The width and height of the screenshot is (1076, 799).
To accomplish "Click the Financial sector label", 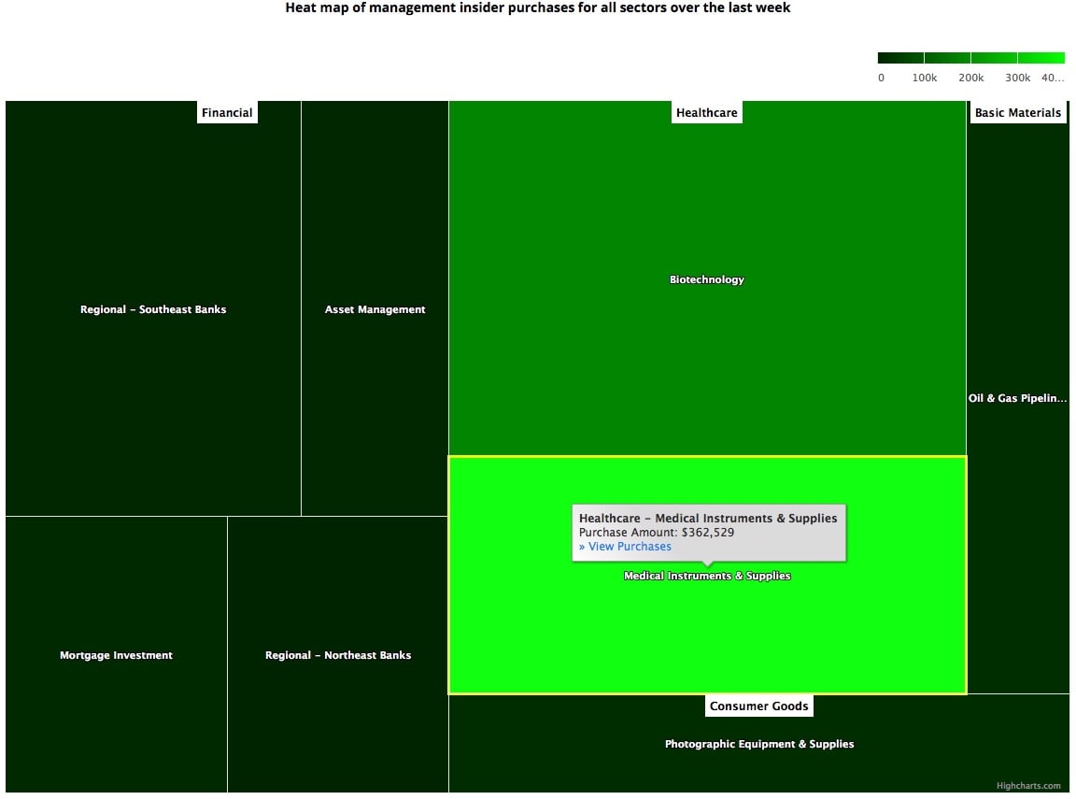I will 227,113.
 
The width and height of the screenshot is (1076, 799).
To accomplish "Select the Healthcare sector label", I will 707,113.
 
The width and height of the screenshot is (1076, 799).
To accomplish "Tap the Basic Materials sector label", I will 1017,113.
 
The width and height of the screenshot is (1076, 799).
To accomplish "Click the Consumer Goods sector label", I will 758,706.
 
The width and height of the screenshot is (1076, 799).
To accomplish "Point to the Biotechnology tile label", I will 707,279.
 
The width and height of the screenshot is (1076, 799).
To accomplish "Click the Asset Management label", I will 375,309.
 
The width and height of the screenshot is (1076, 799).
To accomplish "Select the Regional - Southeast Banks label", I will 153,309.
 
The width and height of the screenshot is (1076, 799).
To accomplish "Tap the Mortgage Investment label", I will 116,655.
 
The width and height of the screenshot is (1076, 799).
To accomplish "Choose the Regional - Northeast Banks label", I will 338,655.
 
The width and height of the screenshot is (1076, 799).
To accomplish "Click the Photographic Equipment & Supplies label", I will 759,744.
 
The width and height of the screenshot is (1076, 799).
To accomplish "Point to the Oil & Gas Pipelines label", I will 1017,398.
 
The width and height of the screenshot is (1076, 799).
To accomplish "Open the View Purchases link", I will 625,547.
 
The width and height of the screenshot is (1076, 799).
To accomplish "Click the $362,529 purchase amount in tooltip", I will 707,533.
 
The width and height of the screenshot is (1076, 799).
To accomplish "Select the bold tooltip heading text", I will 708,518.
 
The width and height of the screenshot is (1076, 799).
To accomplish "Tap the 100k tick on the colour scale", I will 925,78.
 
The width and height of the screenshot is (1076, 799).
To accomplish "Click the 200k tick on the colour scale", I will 971,78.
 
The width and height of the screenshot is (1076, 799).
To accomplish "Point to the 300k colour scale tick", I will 1018,78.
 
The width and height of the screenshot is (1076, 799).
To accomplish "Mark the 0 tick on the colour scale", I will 881,78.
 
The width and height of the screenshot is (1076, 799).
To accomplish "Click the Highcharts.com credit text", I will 1028,786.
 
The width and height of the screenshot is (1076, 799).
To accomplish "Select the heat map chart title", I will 538,8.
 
